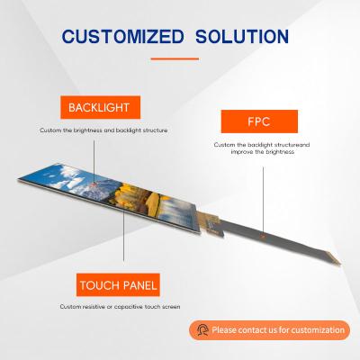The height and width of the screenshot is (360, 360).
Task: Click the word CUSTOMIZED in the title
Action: pos(120,37)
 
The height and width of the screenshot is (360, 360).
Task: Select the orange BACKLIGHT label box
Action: pos(98,109)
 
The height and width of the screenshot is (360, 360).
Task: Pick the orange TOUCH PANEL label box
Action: pos(116,286)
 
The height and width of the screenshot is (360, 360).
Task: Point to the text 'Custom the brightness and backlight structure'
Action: pos(103,130)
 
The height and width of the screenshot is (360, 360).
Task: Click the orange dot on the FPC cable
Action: pos(261,234)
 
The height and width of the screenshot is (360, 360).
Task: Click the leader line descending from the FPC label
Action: pos(265,189)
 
